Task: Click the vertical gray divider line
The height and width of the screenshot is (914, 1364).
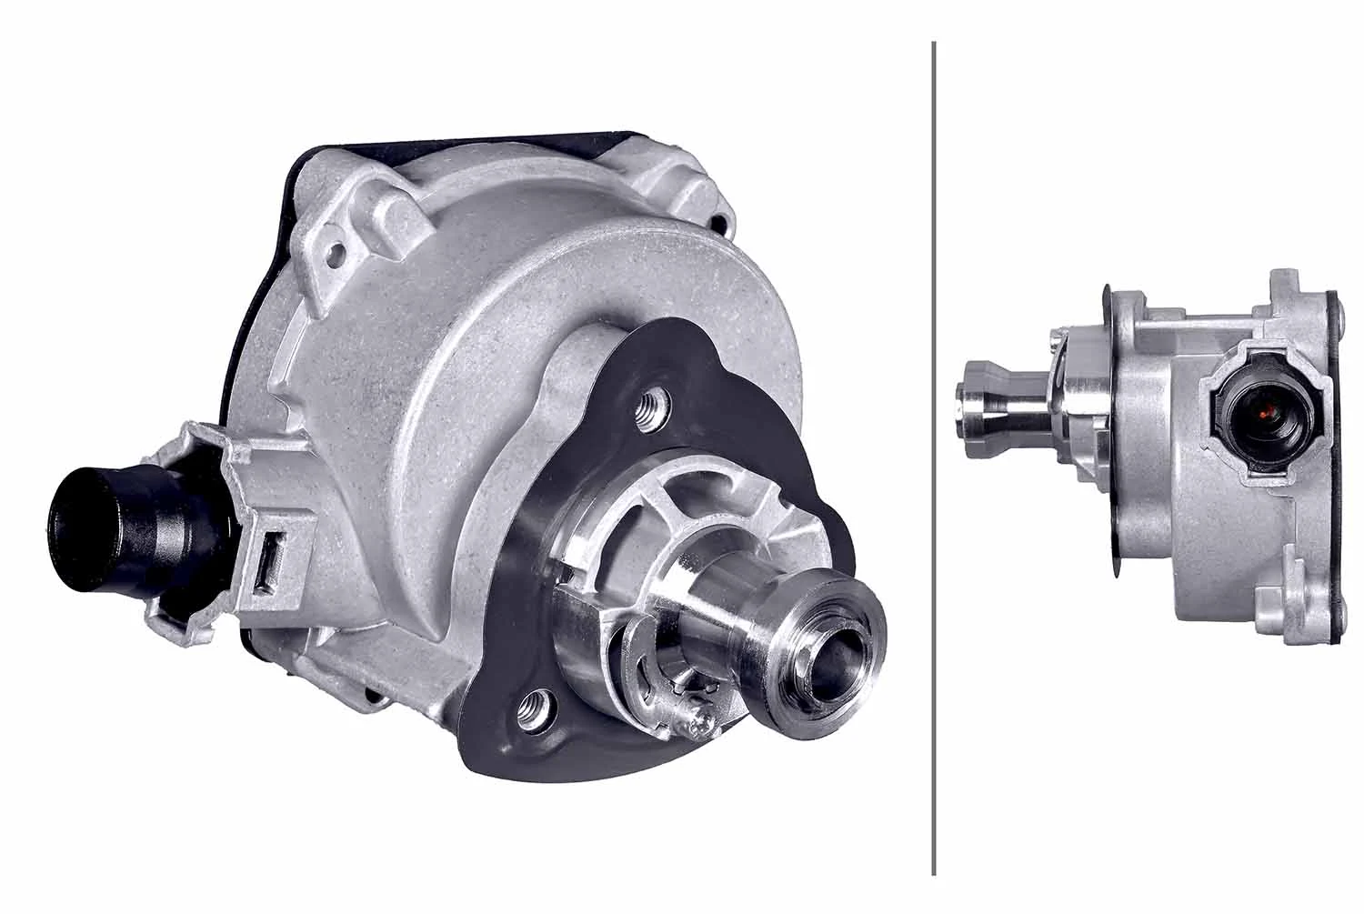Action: pos(934,455)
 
